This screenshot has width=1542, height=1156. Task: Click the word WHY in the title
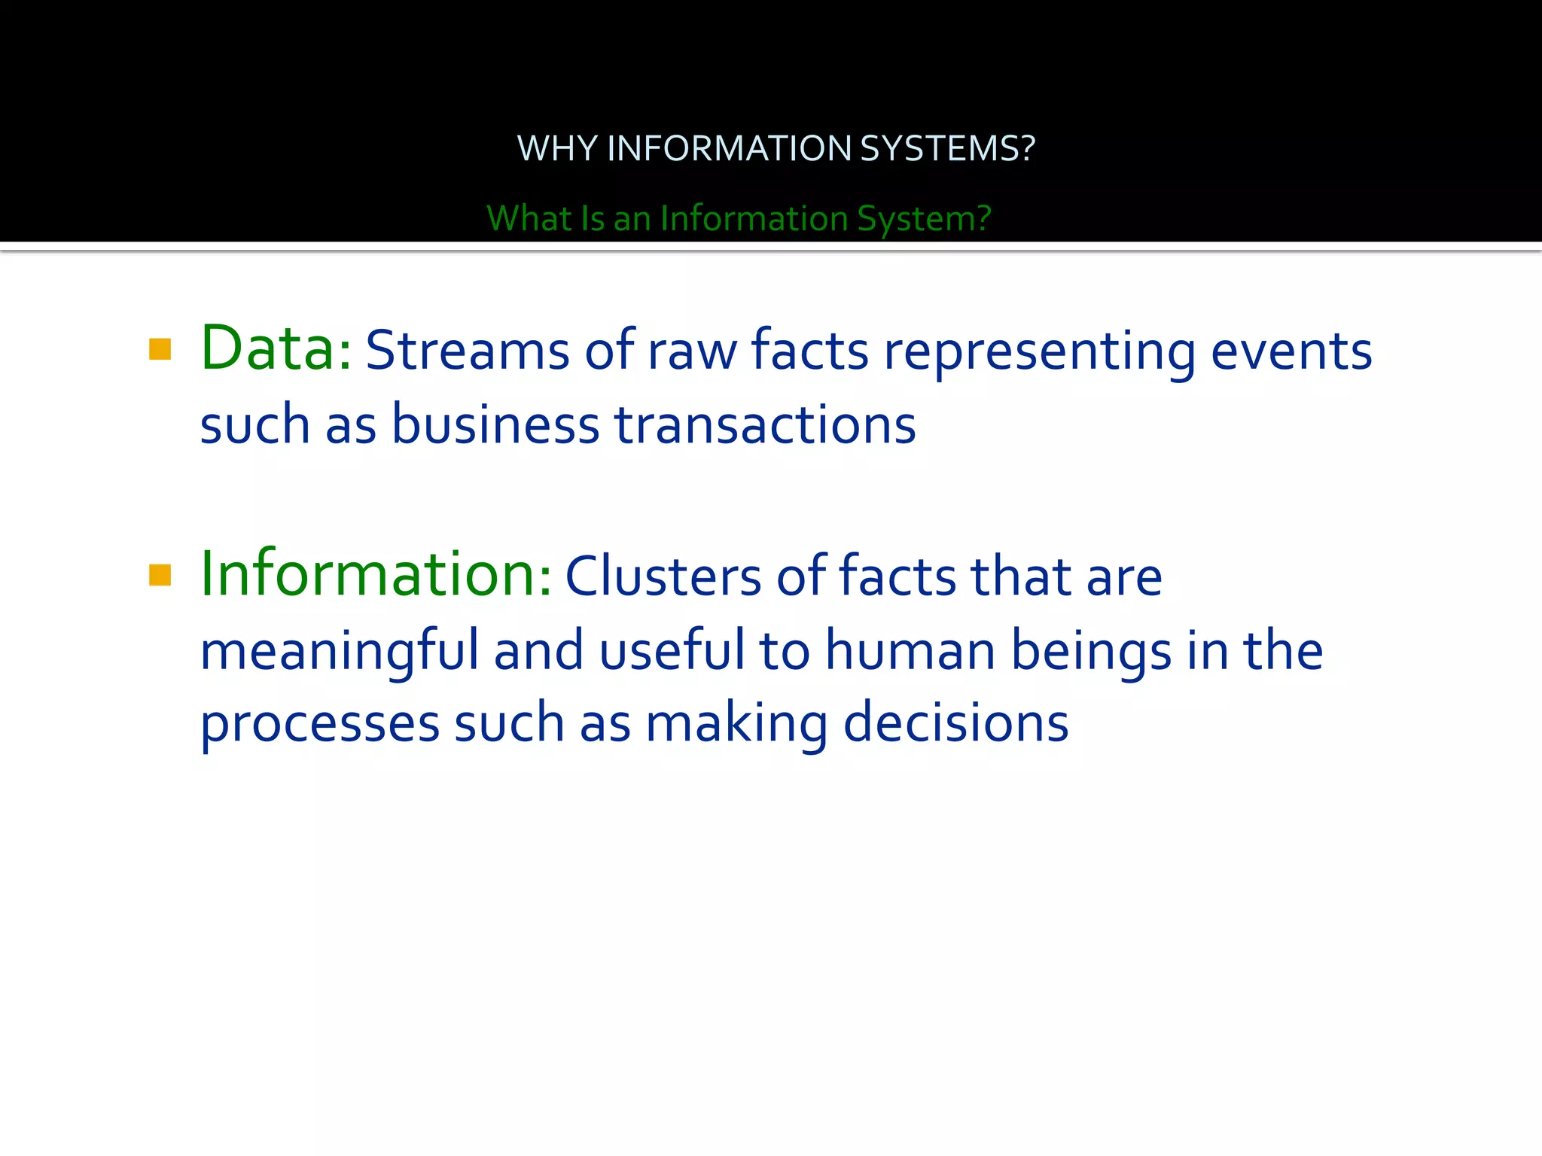pos(557,148)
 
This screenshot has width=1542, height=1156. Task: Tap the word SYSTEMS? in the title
pos(947,148)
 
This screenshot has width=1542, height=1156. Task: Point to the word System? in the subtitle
pos(924,218)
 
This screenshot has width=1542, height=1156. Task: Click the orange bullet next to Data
pos(160,349)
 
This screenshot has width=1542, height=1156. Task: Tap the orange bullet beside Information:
pos(160,575)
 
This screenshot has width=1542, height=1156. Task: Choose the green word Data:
pos(276,349)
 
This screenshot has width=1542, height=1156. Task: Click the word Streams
pos(468,351)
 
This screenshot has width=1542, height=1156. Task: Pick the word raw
pos(692,352)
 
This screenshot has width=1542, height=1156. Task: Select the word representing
pos(1040,352)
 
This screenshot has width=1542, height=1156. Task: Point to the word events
pos(1291,351)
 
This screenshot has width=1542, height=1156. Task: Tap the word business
pos(495,424)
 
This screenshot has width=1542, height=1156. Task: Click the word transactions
pos(765,424)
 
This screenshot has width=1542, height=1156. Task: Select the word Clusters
pos(663,576)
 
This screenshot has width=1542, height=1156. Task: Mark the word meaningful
pos(339,651)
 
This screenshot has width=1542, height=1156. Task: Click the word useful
pos(672,649)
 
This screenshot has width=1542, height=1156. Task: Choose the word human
pos(910,651)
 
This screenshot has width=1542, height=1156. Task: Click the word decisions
pos(955,722)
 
